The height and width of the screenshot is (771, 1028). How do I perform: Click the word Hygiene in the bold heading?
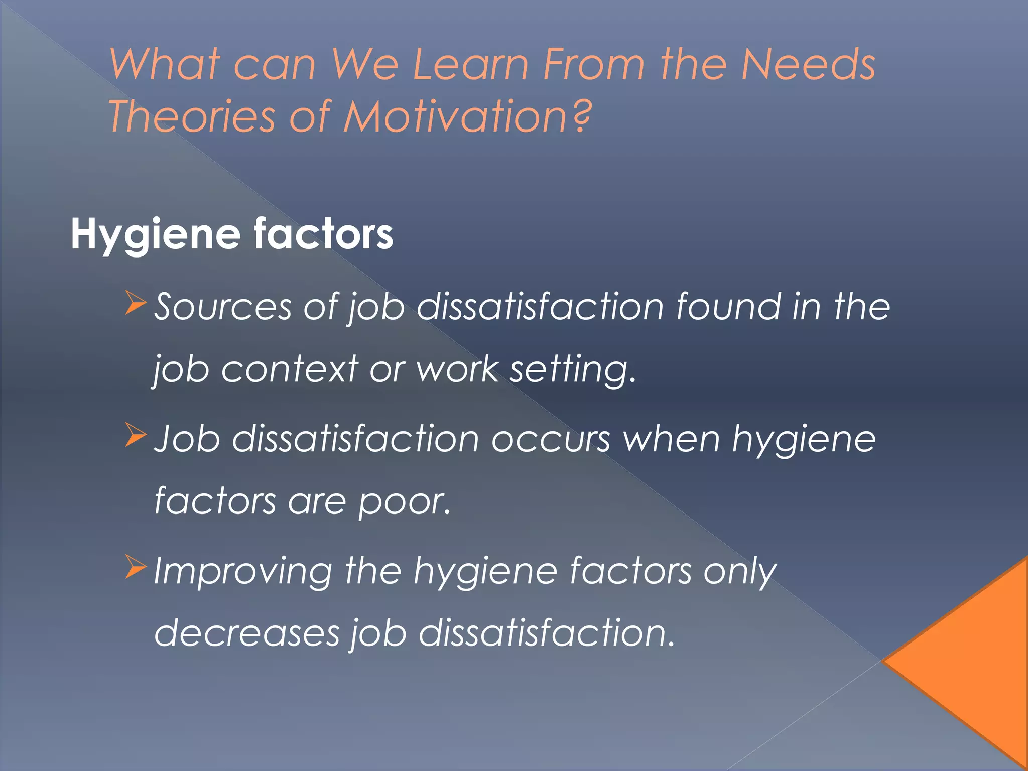point(155,235)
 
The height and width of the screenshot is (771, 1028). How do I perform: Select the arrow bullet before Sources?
point(135,303)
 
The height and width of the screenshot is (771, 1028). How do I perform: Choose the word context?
point(290,369)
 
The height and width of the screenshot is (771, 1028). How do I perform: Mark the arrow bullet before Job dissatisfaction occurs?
point(135,434)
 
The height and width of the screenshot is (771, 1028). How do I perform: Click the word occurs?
point(550,439)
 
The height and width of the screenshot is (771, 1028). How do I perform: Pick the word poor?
point(404,501)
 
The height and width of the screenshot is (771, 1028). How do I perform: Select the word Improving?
point(242,572)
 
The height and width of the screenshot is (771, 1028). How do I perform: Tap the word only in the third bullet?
point(739,572)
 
